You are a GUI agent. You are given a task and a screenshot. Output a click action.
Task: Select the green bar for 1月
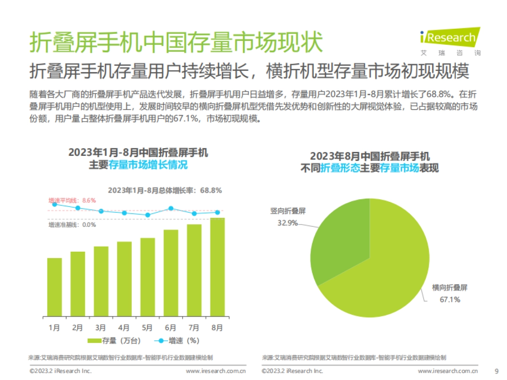tap(55, 287)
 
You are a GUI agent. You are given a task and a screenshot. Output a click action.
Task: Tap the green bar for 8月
tap(217, 267)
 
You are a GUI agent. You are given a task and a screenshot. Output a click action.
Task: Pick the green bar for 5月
tap(147, 277)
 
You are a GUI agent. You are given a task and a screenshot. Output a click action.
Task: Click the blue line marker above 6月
tap(171, 208)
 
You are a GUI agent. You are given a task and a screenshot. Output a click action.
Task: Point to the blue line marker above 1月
tap(55, 204)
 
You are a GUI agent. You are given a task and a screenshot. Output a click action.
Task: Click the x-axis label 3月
tap(101, 327)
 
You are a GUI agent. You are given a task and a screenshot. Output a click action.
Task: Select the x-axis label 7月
tap(194, 327)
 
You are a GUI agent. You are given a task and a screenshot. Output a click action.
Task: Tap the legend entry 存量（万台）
tap(114, 341)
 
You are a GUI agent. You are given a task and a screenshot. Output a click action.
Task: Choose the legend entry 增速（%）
tap(177, 341)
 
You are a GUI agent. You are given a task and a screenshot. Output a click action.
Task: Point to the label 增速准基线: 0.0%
tap(72, 225)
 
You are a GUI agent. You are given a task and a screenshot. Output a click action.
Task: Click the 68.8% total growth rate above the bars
tap(211, 190)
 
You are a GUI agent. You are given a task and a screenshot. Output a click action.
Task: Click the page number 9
tap(496, 371)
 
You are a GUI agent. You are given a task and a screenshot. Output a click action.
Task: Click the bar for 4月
tap(124, 279)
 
